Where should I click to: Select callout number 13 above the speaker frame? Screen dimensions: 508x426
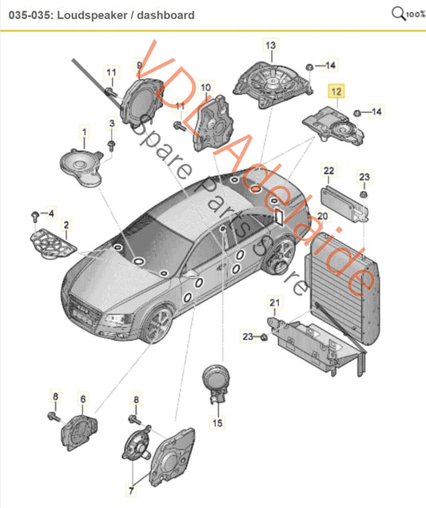click(269, 46)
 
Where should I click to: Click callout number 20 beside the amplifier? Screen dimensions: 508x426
click(322, 215)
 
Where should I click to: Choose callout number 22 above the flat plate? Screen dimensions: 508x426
click(329, 171)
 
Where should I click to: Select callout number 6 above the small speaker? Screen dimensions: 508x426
click(82, 398)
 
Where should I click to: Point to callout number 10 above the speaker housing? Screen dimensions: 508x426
click(206, 86)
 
